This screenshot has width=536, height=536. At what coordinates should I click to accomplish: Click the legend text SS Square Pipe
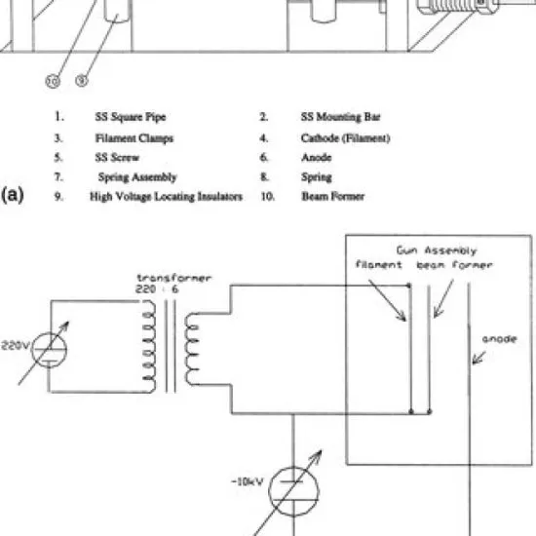131,117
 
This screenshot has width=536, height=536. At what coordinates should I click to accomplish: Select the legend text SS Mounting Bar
340,117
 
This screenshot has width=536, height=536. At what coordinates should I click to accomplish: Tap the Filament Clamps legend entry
134,138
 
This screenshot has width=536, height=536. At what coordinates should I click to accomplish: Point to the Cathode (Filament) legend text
346,138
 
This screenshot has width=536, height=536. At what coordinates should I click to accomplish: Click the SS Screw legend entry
117,158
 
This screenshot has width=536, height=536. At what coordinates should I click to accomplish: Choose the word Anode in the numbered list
317,158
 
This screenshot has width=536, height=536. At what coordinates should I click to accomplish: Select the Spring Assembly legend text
137,177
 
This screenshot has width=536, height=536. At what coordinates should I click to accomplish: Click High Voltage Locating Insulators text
166,197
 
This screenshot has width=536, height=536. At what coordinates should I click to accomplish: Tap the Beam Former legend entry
333,196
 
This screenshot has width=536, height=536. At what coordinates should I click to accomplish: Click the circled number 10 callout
53,81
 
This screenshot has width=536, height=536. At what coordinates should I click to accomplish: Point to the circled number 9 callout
81,80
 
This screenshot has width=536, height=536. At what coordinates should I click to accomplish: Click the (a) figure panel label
13,195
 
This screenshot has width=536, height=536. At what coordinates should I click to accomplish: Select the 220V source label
16,346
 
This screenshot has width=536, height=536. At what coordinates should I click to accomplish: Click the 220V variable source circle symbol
49,332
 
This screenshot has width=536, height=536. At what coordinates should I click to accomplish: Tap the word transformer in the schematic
174,278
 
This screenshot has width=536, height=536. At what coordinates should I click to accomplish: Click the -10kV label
248,482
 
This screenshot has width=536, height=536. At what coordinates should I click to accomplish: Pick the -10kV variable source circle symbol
293,467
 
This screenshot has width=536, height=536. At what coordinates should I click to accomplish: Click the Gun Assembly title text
437,250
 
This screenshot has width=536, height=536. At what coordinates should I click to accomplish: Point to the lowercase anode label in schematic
499,339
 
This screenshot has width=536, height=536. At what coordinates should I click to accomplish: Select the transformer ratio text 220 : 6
157,289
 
